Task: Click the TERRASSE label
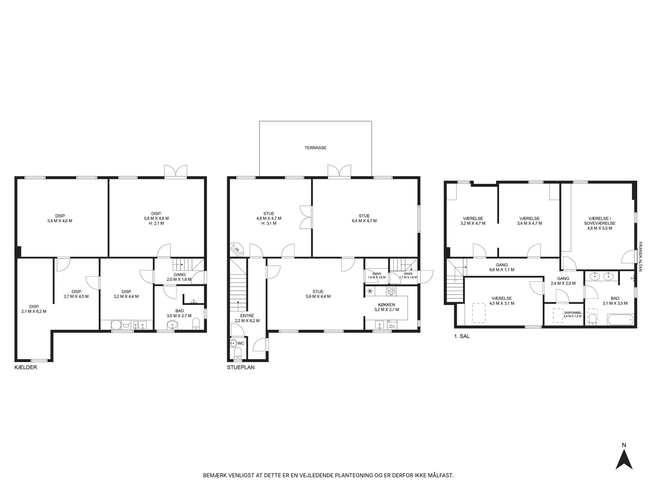315,148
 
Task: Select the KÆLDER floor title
26,367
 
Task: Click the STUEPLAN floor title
241,367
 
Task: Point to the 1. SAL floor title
462,336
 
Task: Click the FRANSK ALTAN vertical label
640,256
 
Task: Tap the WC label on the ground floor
241,343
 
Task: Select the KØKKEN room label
387,305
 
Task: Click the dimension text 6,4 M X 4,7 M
364,221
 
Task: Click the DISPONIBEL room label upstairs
573,313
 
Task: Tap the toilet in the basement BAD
196,323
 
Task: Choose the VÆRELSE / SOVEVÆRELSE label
600,221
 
